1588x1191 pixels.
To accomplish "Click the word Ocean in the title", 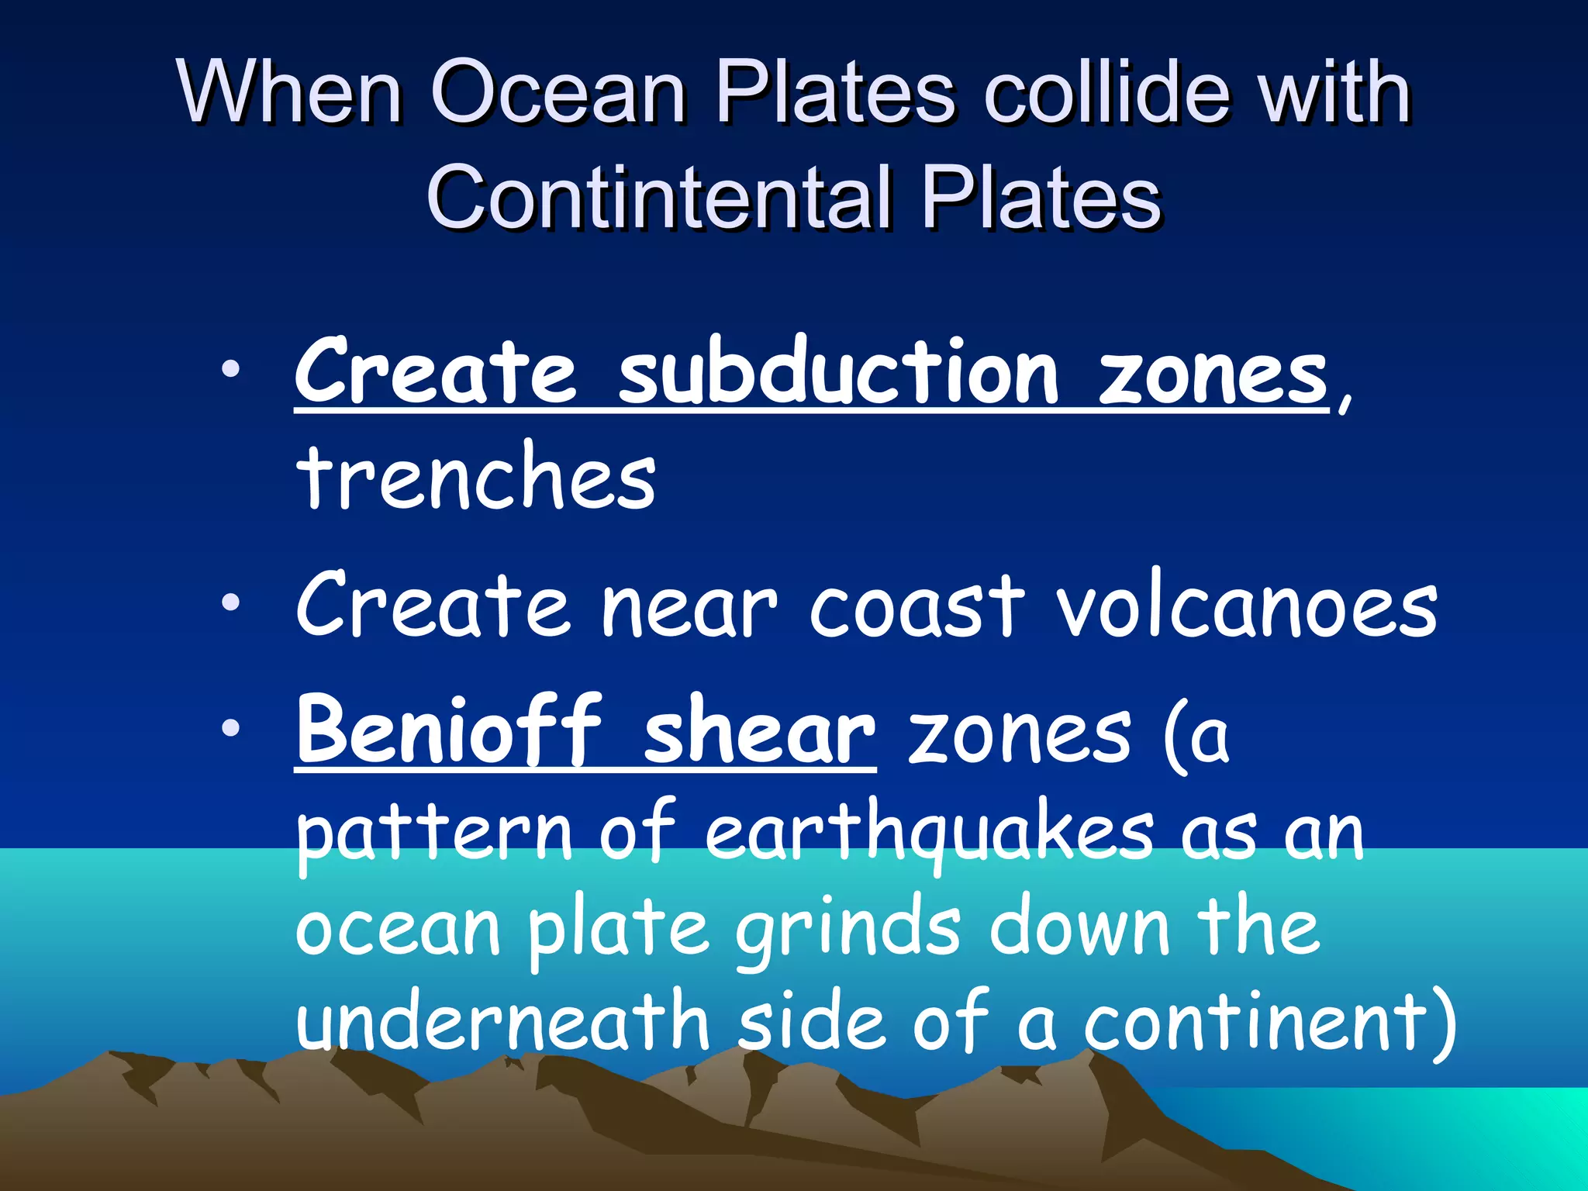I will point(558,93).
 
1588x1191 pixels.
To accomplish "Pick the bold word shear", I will point(759,733).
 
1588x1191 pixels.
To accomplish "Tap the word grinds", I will point(848,930).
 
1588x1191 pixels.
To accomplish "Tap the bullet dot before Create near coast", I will point(230,602).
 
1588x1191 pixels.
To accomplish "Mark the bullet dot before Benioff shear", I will point(230,727).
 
